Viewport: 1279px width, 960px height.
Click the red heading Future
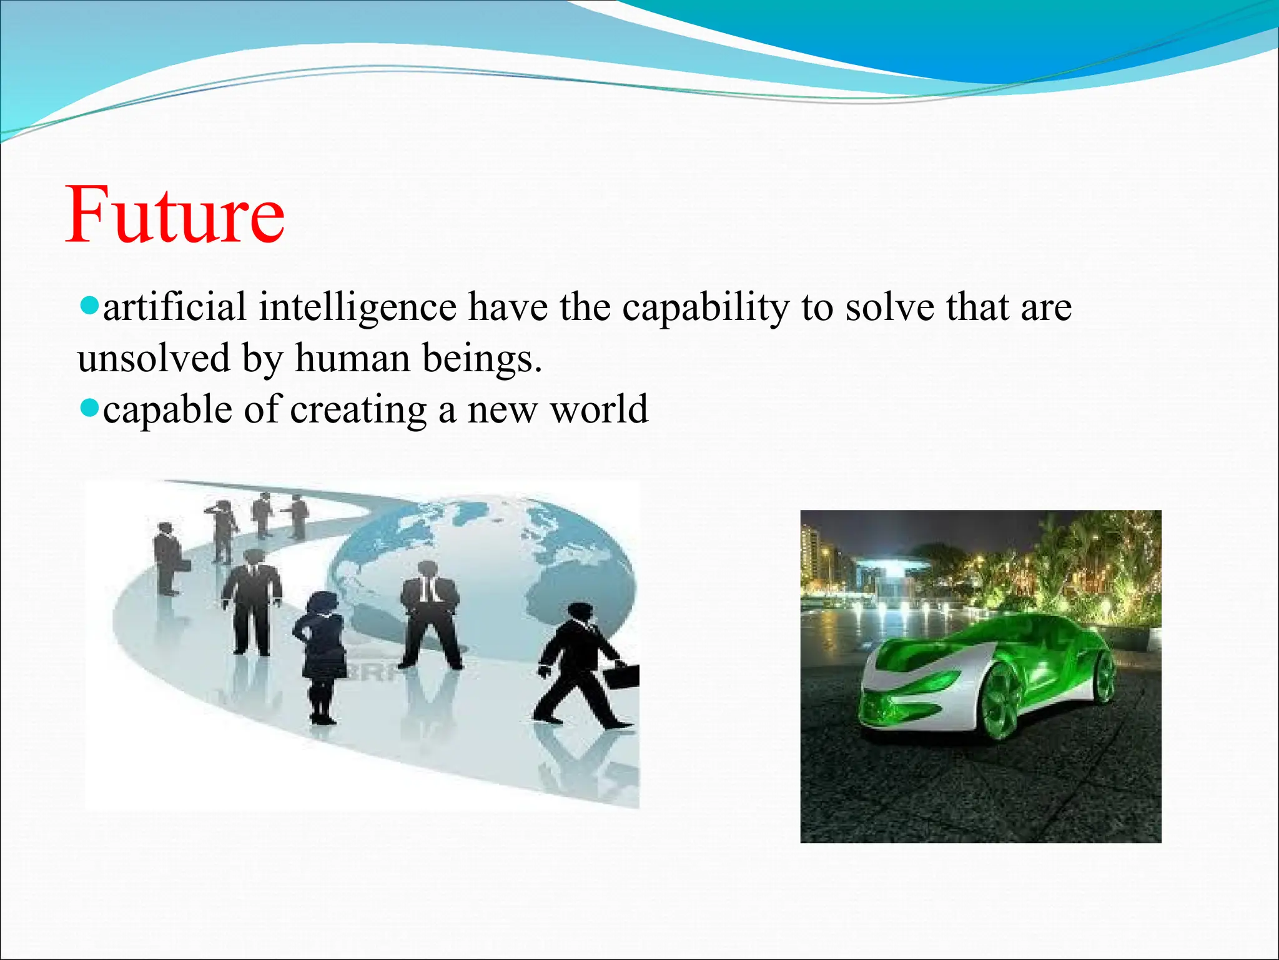point(175,216)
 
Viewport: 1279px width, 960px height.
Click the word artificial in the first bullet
point(174,307)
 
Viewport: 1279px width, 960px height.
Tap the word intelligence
point(357,307)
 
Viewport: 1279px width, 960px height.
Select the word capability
point(706,307)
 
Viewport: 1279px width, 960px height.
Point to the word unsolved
point(154,359)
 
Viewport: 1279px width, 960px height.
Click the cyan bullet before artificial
point(90,306)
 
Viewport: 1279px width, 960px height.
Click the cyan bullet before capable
point(90,409)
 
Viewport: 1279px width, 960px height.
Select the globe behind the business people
point(493,562)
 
